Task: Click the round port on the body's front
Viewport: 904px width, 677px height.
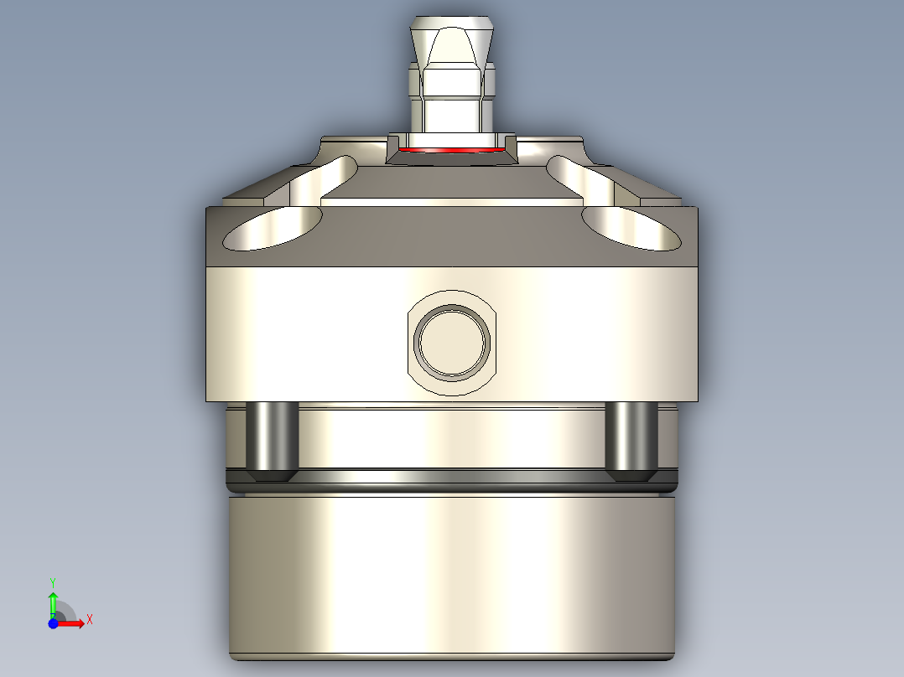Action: tap(453, 340)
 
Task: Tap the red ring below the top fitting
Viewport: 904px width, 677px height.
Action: tap(453, 151)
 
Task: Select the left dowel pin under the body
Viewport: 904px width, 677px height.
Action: tap(273, 439)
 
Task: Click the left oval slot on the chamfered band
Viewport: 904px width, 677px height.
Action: tap(273, 228)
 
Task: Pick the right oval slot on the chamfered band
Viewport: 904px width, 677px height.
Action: tap(631, 228)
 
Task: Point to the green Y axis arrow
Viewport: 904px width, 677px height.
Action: tap(53, 602)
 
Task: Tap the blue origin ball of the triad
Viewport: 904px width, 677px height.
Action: tap(53, 623)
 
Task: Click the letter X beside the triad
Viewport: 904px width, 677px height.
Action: tap(89, 619)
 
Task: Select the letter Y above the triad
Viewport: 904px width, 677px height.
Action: tap(53, 581)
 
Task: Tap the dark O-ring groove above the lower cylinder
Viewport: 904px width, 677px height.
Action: tap(451, 482)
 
